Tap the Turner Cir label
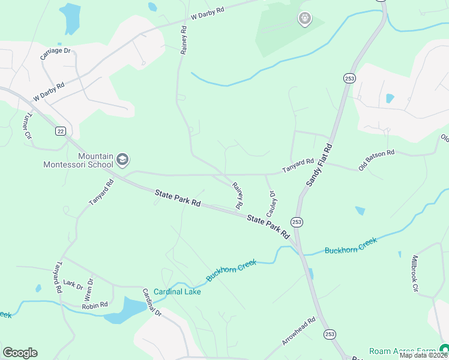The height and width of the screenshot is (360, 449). tap(27, 127)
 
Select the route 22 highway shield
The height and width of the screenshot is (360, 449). tap(60, 131)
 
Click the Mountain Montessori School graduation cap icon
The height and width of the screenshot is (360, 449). tap(123, 159)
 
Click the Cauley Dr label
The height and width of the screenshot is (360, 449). tap(271, 204)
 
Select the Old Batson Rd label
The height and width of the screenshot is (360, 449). tap(376, 161)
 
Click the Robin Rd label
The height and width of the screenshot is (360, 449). tap(95, 305)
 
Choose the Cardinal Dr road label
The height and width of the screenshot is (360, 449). tap(152, 302)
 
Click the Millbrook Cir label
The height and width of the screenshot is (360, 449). tap(415, 273)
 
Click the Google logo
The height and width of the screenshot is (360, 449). tap(20, 353)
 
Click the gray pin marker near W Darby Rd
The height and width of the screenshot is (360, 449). tap(305, 19)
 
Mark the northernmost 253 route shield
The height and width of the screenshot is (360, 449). tap(349, 78)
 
